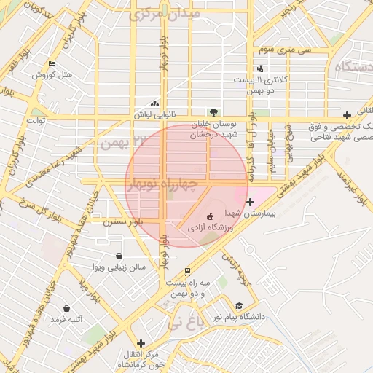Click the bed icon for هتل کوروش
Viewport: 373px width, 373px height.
[50, 64]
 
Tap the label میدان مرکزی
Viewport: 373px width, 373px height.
[163, 14]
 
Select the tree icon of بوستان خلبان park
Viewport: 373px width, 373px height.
[213, 112]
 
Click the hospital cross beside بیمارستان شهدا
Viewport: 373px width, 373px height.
[251, 202]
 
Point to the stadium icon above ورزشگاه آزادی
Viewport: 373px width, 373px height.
[211, 216]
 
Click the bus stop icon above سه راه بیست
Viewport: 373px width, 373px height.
[187, 272]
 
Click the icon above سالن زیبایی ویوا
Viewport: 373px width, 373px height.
[118, 256]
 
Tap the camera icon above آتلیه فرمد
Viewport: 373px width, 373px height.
[67, 308]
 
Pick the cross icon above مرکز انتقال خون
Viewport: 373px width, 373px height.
[141, 342]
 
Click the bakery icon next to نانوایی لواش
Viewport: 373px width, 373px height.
[154, 104]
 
